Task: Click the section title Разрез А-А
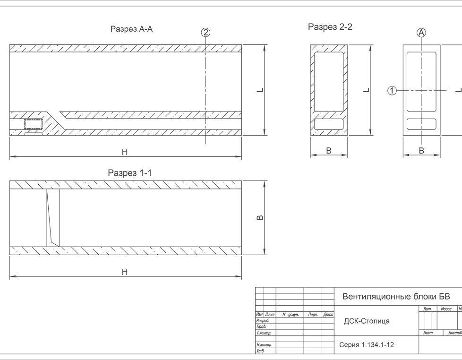coord(131,29)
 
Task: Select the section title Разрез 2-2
coord(330,27)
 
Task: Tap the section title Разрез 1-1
coord(129,173)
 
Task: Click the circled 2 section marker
coord(205,33)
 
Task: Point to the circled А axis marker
coord(421,33)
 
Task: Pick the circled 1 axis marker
coord(392,90)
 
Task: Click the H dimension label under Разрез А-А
coord(125,152)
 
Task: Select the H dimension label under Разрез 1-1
coord(125,272)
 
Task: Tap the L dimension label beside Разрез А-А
coord(260,90)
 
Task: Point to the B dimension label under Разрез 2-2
coord(329,151)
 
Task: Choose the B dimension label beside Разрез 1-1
coord(259,218)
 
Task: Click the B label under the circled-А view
coord(421,151)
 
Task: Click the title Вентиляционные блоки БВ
coord(396,297)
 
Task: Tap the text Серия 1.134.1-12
coord(367,345)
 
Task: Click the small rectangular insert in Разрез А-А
coord(33,124)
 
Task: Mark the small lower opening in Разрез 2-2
coord(329,124)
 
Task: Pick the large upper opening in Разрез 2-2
coord(329,81)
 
